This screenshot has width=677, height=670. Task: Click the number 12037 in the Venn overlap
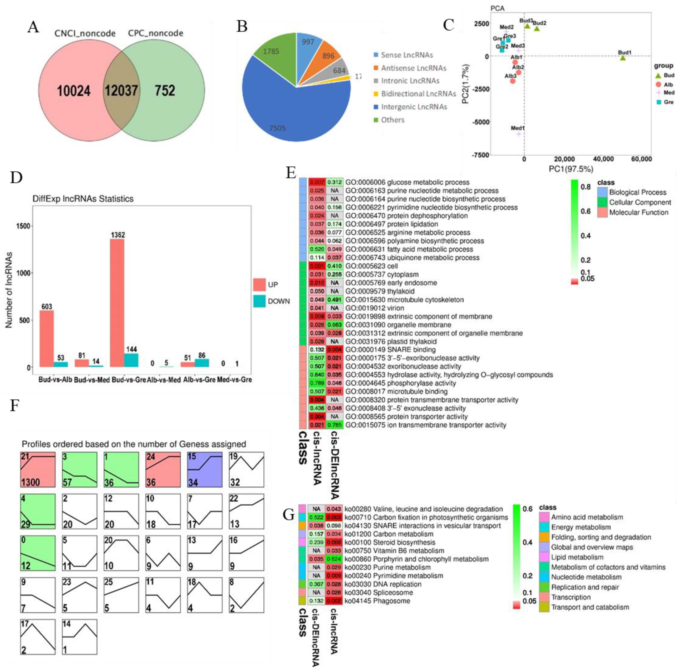click(x=121, y=91)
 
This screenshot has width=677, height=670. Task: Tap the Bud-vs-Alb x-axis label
click(x=55, y=380)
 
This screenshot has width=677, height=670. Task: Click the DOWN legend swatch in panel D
click(x=259, y=301)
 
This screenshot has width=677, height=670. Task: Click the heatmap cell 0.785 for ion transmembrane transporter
click(x=334, y=425)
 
